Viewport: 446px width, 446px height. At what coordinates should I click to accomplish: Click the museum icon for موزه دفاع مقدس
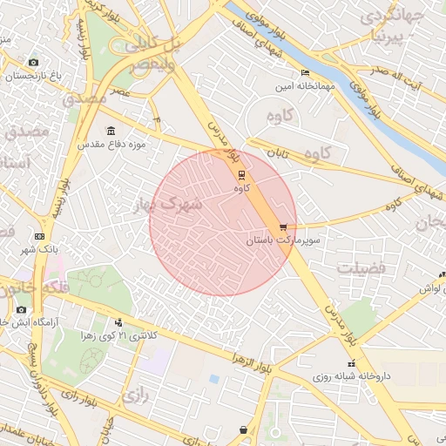(x=111, y=131)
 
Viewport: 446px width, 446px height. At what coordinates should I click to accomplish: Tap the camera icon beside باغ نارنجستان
(x=33, y=63)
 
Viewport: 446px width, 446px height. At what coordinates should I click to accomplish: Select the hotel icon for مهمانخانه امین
(x=304, y=72)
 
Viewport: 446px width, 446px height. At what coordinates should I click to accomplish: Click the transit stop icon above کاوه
(x=241, y=174)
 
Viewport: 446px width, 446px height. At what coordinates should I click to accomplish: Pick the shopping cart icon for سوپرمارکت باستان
(x=282, y=226)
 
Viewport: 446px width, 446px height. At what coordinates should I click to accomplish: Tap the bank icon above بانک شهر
(x=39, y=236)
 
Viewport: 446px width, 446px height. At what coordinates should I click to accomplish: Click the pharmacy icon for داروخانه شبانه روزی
(x=351, y=363)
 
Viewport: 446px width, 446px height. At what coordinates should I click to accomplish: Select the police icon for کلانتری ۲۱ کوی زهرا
(x=118, y=323)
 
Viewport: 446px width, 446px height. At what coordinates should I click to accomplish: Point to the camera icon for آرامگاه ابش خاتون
(x=21, y=310)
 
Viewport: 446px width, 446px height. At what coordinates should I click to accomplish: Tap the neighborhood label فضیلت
(x=361, y=267)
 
